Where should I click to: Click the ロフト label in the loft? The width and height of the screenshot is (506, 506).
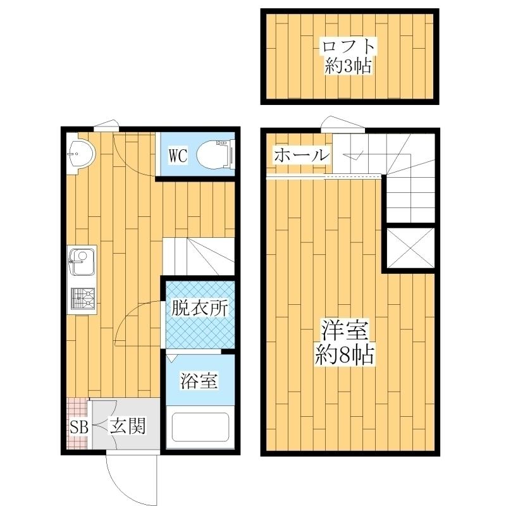(349, 46)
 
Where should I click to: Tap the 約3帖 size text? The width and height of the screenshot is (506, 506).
(349, 65)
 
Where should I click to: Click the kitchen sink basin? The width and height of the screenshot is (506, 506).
(82, 262)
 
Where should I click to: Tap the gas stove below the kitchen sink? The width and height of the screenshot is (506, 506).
(82, 299)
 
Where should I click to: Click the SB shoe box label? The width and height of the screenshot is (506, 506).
(78, 427)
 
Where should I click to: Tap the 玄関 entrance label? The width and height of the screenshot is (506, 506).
(128, 427)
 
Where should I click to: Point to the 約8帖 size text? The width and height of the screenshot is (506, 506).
(345, 354)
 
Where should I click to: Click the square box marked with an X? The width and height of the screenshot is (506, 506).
(410, 249)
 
